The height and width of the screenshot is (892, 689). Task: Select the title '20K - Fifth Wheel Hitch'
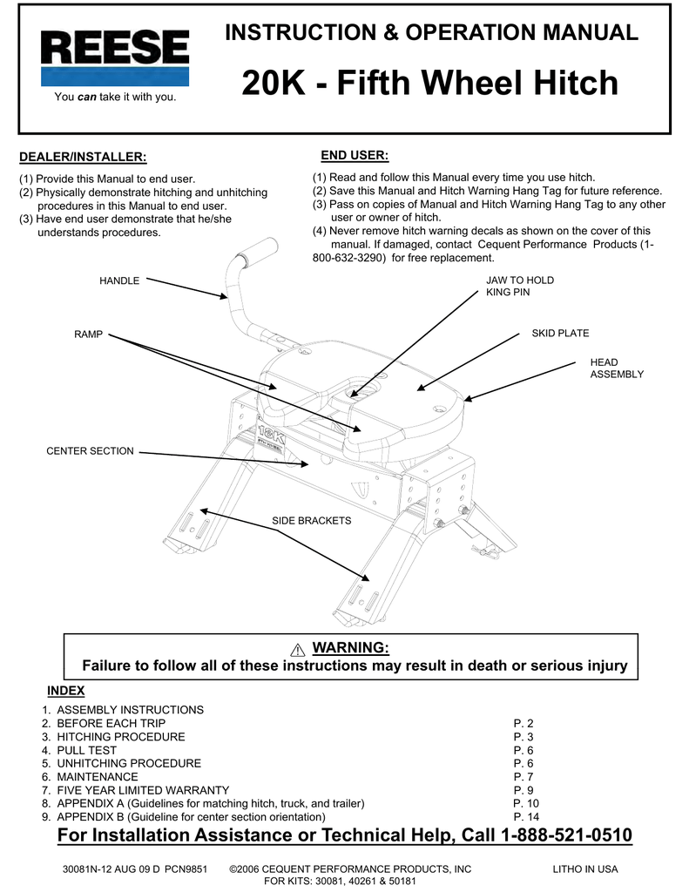coord(429,84)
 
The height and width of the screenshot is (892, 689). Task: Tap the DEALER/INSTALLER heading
coord(83,157)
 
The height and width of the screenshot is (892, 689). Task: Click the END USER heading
coord(355,155)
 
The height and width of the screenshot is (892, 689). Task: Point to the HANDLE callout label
coord(119,280)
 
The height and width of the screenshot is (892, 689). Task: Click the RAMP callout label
coord(88,334)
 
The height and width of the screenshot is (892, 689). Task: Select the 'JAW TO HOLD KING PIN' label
coord(519,286)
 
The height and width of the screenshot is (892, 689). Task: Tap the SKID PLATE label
coord(560,334)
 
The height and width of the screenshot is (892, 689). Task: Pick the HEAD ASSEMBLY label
coord(616,368)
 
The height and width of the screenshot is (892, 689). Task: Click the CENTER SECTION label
coord(90,451)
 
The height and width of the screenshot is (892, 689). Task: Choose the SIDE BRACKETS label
coord(311,520)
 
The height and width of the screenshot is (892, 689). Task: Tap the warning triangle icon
coord(298,649)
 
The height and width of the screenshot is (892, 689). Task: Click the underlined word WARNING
coord(350,648)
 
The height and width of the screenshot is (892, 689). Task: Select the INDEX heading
coord(65,691)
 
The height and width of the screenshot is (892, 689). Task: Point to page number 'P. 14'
coord(526,817)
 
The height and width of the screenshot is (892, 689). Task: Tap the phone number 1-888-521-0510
coord(567,836)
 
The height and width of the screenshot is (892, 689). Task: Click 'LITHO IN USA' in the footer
coord(584,869)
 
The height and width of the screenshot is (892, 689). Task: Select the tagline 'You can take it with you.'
coord(115,97)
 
